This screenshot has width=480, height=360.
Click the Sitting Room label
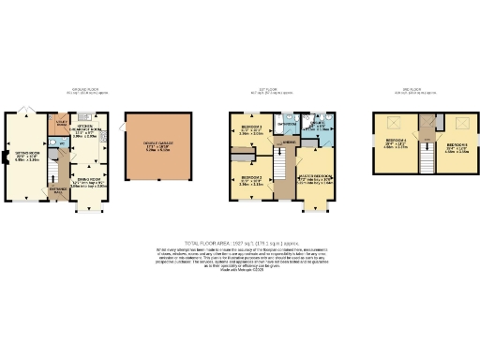coord(26,156)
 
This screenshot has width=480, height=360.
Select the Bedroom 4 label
coord(396,142)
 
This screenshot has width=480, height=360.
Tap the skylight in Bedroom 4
coord(392,122)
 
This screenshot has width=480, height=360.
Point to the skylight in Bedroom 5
coord(460,122)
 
